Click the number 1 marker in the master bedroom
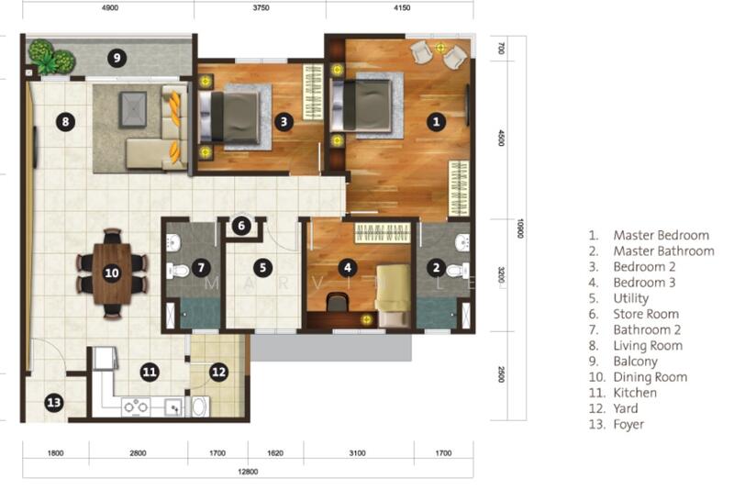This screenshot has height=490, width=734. (437, 119)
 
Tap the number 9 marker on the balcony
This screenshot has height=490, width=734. (115, 59)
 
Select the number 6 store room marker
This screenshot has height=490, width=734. (240, 226)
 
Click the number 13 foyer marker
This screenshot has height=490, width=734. (54, 401)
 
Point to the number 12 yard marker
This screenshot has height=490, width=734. (218, 372)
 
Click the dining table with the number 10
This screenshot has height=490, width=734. (112, 272)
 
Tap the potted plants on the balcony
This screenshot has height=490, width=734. (50, 57)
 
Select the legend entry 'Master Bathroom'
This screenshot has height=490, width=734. (662, 251)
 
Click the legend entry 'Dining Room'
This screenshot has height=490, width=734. (650, 377)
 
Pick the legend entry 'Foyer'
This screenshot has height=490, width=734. (628, 425)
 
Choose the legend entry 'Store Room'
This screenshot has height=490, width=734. (646, 314)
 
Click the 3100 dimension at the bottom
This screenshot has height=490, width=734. (358, 452)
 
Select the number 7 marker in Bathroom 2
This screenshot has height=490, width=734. (202, 268)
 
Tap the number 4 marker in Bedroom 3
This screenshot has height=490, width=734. (347, 268)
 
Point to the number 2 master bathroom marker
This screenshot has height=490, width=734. (437, 268)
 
